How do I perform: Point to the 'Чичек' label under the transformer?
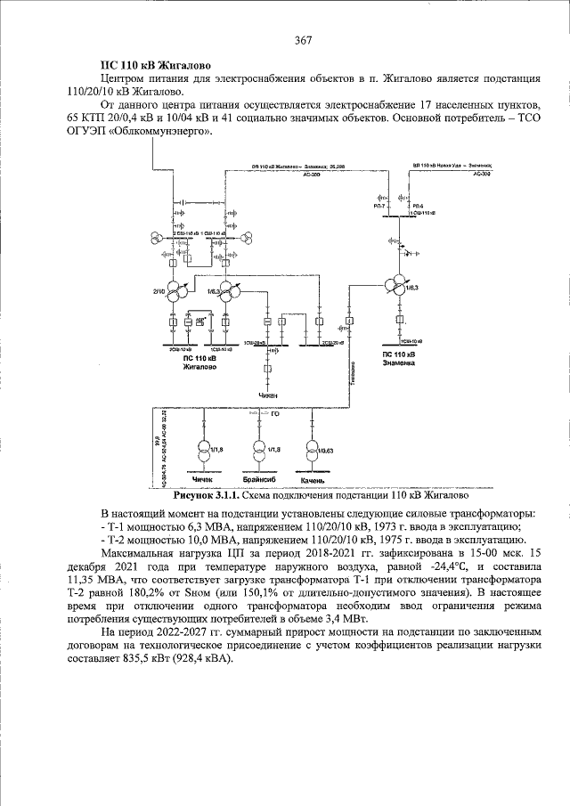point(204,479)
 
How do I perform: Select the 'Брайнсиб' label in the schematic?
point(257,479)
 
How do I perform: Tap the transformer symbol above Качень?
point(312,448)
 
